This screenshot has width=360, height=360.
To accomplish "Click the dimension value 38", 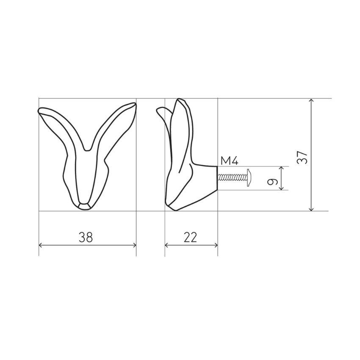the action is click(x=86, y=237).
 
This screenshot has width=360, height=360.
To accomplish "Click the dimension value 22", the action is click(x=190, y=237).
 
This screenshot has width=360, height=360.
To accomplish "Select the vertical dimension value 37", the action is click(x=302, y=157).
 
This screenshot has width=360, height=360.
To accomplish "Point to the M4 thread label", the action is click(x=230, y=161).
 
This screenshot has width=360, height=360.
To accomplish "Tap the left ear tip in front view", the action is click(x=39, y=111).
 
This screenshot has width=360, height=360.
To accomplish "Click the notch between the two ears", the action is click(x=87, y=150).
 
